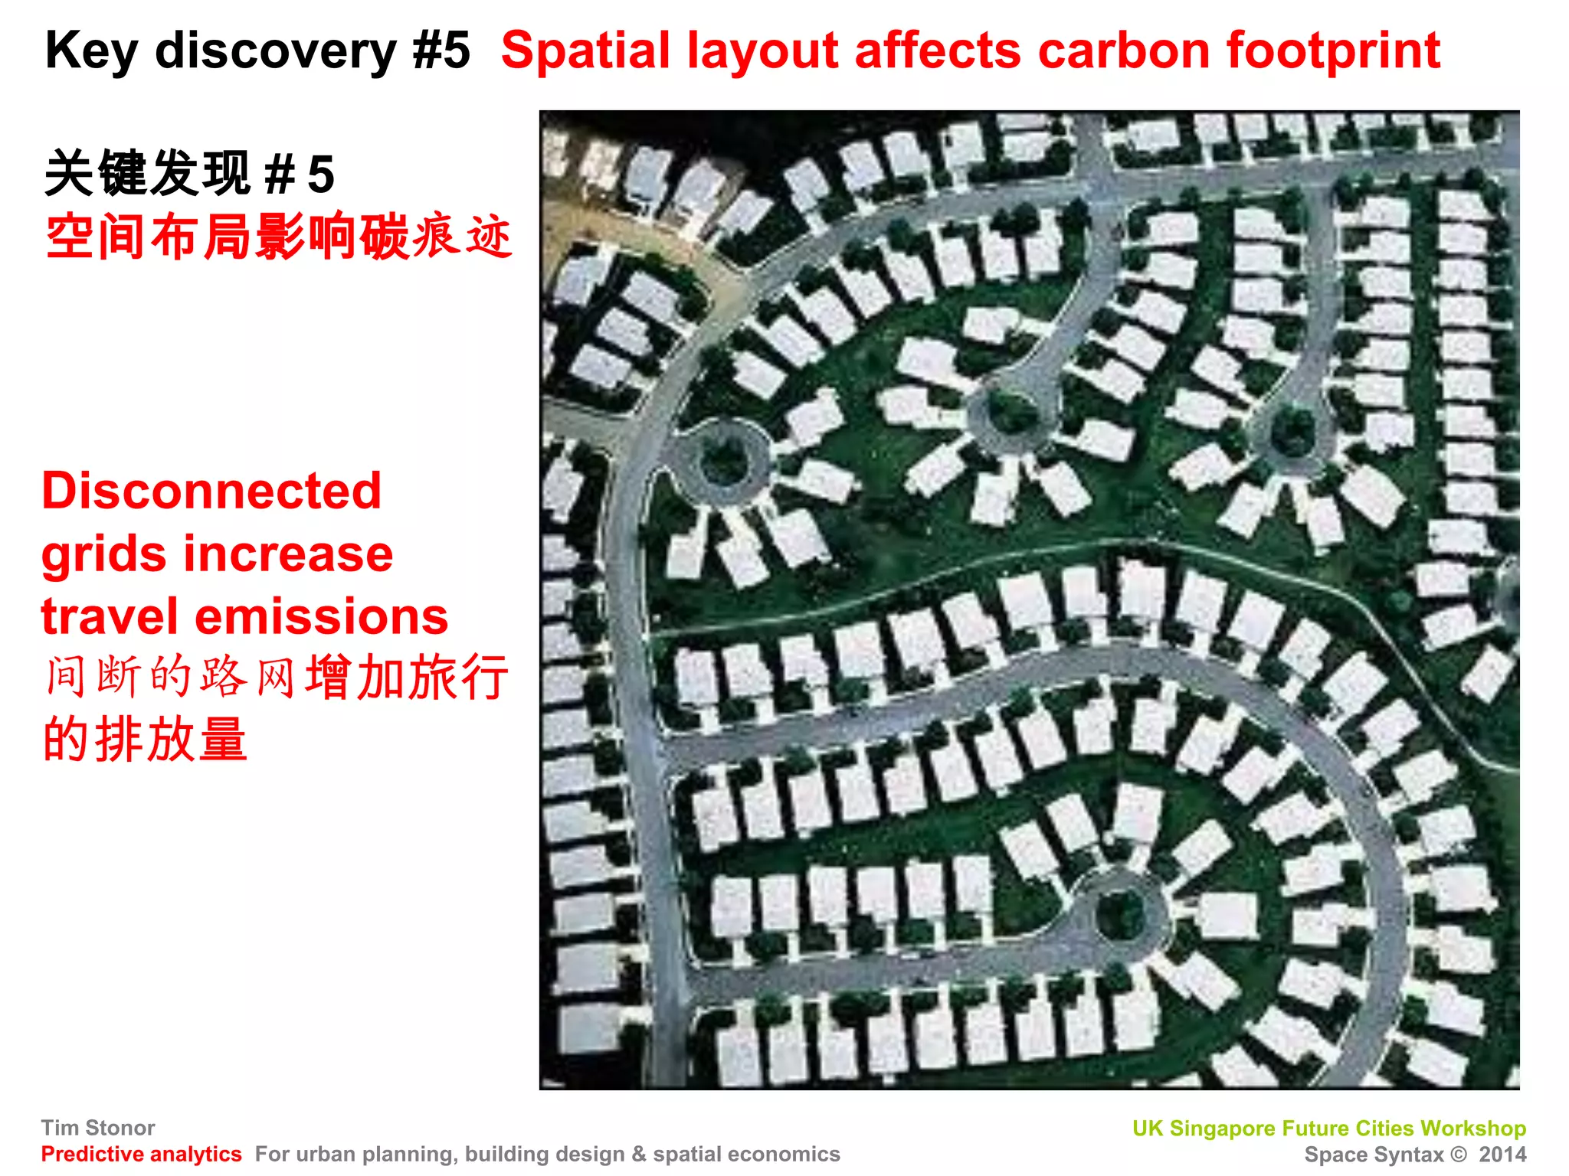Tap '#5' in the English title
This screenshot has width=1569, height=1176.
pyautogui.click(x=441, y=51)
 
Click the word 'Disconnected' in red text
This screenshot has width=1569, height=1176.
pyautogui.click(x=211, y=491)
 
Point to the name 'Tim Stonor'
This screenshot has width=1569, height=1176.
pyautogui.click(x=98, y=1128)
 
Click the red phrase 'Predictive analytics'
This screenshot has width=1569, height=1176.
pyautogui.click(x=141, y=1154)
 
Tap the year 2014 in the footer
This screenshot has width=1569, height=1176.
pyautogui.click(x=1502, y=1155)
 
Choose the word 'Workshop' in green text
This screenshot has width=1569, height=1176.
pyautogui.click(x=1472, y=1129)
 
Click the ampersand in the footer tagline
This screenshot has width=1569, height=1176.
pyautogui.click(x=639, y=1155)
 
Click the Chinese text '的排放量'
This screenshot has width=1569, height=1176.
pyautogui.click(x=146, y=740)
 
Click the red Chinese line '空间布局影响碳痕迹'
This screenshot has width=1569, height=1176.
pyautogui.click(x=277, y=237)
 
